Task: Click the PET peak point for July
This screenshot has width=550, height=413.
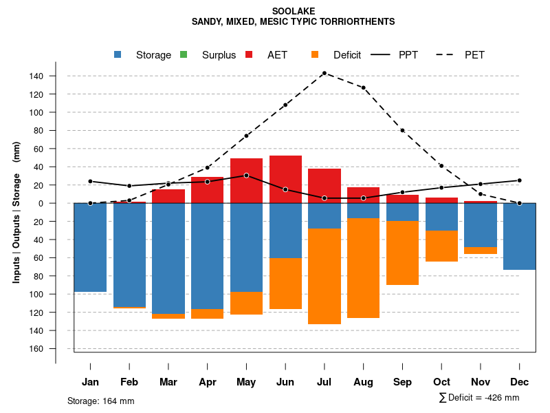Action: click(x=324, y=73)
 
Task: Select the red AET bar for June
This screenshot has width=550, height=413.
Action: click(x=285, y=179)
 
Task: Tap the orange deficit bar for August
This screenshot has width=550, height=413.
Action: click(x=364, y=268)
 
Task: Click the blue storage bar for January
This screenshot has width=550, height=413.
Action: click(x=90, y=247)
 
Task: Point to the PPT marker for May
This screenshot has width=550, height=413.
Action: click(x=246, y=176)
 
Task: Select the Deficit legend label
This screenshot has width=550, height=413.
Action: click(x=347, y=55)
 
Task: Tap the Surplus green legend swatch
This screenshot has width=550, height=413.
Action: click(x=184, y=54)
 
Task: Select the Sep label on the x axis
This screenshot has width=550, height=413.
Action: click(x=403, y=382)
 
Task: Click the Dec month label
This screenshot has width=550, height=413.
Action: click(x=520, y=382)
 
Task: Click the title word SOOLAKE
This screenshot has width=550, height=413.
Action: click(x=293, y=11)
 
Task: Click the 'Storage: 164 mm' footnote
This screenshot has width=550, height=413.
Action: click(x=100, y=401)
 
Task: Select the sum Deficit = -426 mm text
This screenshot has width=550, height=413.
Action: click(x=479, y=397)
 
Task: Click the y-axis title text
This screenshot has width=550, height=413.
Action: click(x=16, y=213)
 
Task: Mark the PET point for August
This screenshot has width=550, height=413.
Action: click(x=364, y=88)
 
